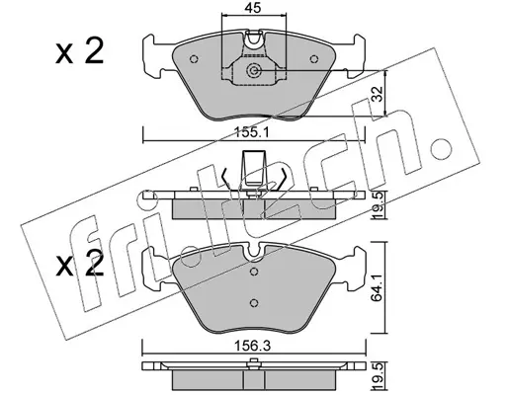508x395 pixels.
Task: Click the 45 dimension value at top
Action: [253, 8]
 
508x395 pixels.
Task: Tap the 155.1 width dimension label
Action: [251, 133]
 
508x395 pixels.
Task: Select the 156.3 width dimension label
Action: [252, 346]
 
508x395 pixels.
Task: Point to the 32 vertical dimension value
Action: [378, 94]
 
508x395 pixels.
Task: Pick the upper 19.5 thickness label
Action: [379, 205]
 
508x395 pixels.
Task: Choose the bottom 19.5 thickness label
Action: [379, 375]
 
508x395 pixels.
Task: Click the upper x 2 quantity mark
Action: [79, 51]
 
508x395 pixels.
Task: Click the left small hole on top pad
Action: [194, 59]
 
